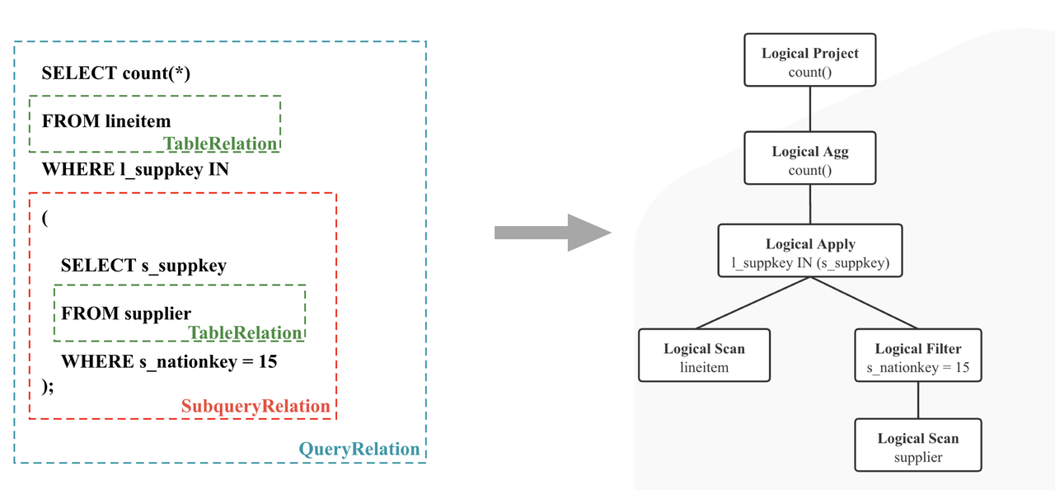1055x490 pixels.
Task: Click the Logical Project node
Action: tap(809, 60)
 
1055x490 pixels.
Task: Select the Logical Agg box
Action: tap(809, 158)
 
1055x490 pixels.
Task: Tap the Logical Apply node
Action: tap(809, 251)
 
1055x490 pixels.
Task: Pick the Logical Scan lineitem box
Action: tap(704, 356)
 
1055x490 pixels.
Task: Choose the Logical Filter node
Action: tap(917, 356)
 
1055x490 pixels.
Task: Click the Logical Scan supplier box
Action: tap(917, 445)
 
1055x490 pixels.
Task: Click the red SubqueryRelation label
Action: tap(256, 407)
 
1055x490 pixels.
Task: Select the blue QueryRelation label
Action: tap(359, 450)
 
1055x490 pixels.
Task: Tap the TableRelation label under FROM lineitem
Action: tap(220, 144)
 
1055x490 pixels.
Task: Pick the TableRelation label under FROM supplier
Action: tap(246, 332)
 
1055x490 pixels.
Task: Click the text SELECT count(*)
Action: tap(115, 73)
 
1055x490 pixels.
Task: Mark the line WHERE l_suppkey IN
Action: tap(135, 170)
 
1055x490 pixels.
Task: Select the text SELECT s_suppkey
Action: tap(143, 266)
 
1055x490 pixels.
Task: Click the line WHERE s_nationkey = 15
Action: tap(168, 361)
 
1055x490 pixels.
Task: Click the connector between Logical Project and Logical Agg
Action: tap(809, 110)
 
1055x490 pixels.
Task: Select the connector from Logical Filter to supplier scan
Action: tap(917, 400)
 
